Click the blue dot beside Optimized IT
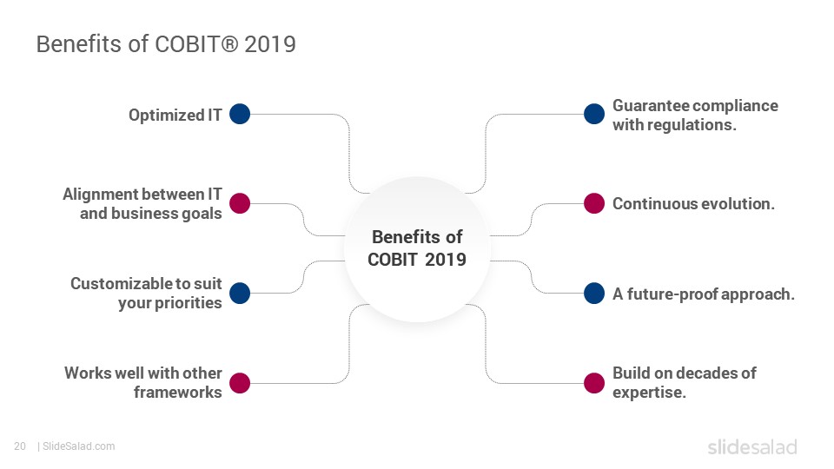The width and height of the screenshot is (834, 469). [240, 114]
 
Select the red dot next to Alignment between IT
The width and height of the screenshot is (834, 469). [240, 203]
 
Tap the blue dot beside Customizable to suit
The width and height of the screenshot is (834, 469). [240, 293]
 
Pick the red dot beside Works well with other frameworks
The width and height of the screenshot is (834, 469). [240, 383]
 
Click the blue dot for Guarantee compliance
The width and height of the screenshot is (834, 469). [594, 114]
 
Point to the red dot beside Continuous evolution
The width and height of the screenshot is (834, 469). [594, 203]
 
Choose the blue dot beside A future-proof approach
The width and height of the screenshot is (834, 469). [594, 293]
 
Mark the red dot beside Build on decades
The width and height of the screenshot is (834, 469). [594, 383]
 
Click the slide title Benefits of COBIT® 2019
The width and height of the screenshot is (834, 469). [166, 44]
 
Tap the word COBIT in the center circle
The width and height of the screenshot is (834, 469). [393, 260]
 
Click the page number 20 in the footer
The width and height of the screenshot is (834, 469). [20, 446]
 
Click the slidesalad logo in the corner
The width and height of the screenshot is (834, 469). [752, 446]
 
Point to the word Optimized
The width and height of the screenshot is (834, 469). [167, 116]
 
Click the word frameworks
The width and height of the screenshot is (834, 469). [177, 392]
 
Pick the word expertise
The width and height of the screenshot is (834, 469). [649, 393]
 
